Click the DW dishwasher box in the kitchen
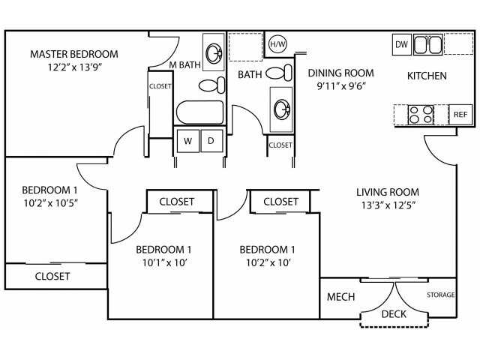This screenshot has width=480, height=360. pos(401,45)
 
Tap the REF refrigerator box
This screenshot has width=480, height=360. pos(459,115)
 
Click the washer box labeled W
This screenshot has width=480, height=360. pos(187,140)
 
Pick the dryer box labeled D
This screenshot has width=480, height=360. pos(211,140)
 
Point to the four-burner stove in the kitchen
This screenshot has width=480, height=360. pos(420,115)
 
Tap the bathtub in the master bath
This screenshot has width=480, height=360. pos(199,113)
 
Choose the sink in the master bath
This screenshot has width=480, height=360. pos(214,52)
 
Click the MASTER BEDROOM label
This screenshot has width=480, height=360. pos(73,54)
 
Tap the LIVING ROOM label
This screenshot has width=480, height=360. pos(387,191)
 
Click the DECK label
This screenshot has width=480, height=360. pos(395,314)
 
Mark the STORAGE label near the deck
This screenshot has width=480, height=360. pos(441,295)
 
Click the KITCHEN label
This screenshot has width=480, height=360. pos(427,76)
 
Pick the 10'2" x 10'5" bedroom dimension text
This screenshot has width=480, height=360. pos(51,202)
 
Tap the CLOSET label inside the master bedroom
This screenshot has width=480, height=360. pos(160,86)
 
